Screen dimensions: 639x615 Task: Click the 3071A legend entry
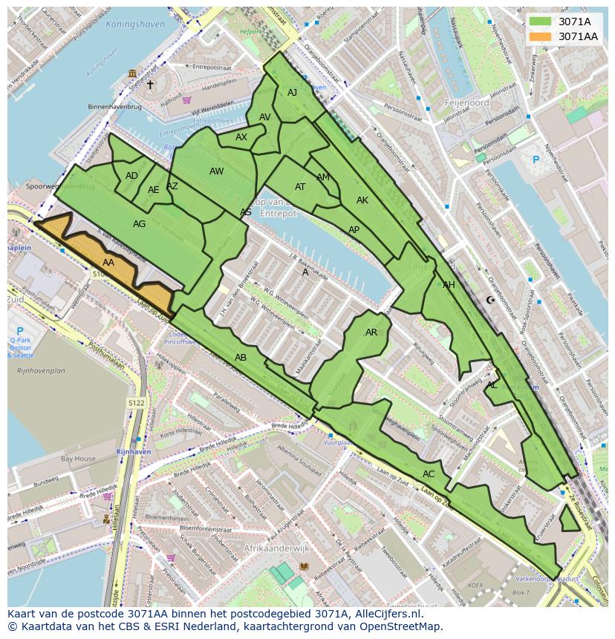[574, 22]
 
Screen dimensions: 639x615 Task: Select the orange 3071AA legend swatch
[540, 36]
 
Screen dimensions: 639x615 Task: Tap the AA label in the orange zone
[108, 263]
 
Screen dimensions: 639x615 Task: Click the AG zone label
[139, 223]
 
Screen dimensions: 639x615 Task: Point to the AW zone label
[216, 171]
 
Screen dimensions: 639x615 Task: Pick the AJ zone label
[292, 93]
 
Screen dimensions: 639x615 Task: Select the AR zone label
[371, 332]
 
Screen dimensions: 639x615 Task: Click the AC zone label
[429, 474]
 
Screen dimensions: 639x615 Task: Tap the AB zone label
[241, 358]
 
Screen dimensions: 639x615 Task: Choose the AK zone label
[362, 200]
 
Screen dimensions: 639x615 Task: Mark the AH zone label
[449, 285]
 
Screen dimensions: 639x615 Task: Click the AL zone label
[492, 385]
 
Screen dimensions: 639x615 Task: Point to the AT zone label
[300, 187]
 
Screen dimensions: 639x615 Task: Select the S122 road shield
[135, 403]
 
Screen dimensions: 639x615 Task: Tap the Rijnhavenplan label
[42, 370]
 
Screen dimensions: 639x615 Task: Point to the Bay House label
[78, 459]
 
